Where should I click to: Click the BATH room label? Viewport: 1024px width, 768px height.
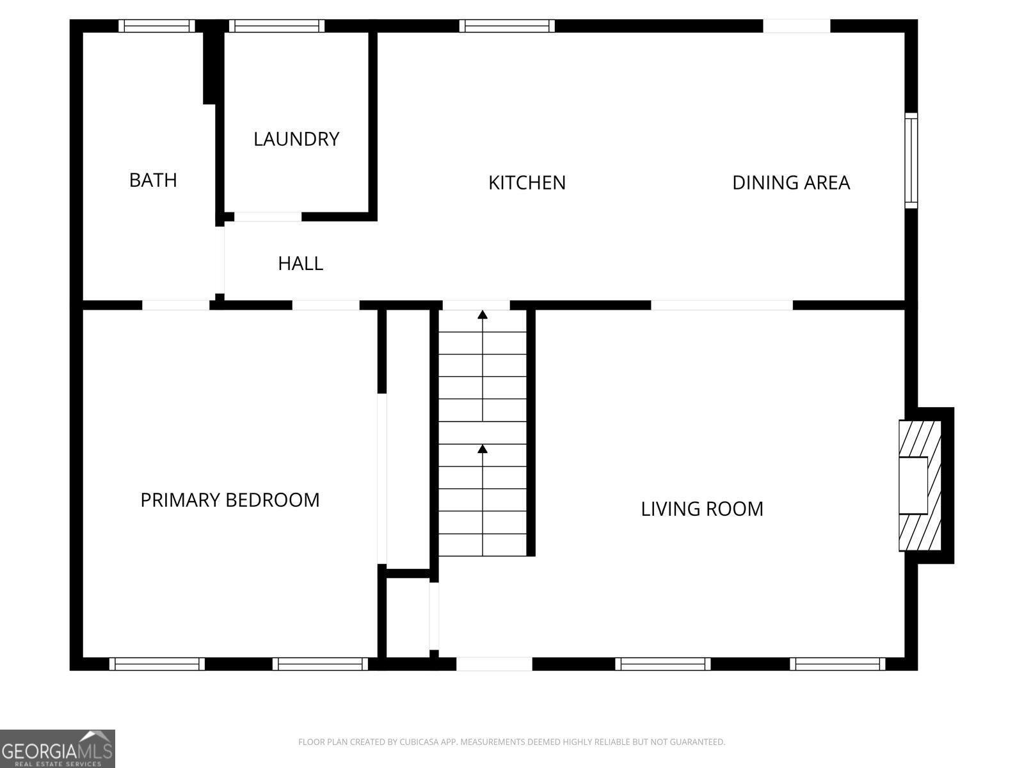tap(153, 180)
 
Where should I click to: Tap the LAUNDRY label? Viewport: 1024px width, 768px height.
tap(296, 139)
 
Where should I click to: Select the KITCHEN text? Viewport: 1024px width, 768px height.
tap(527, 182)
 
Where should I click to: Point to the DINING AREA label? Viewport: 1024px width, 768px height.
tap(791, 182)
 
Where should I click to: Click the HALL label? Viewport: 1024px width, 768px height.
tap(300, 264)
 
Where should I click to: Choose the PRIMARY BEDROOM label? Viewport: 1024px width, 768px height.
tap(230, 500)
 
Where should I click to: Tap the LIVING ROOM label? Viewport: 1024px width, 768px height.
tap(701, 509)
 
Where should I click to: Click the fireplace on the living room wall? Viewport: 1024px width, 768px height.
tap(920, 485)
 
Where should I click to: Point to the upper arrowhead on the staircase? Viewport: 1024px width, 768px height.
tap(483, 315)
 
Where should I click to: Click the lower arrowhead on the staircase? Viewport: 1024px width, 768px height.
tap(483, 449)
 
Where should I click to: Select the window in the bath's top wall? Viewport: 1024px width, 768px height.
tap(156, 26)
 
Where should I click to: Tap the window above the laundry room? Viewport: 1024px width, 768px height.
tap(276, 26)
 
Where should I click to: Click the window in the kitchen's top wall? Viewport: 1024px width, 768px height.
tap(507, 26)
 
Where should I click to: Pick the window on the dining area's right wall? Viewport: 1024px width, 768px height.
tap(911, 160)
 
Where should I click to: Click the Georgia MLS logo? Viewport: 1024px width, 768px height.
tap(58, 749)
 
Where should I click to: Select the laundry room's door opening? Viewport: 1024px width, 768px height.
tap(268, 217)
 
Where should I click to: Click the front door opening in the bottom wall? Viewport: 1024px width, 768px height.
tap(494, 664)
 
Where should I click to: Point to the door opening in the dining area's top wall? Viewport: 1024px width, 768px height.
tap(796, 26)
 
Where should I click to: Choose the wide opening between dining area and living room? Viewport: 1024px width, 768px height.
tap(722, 305)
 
